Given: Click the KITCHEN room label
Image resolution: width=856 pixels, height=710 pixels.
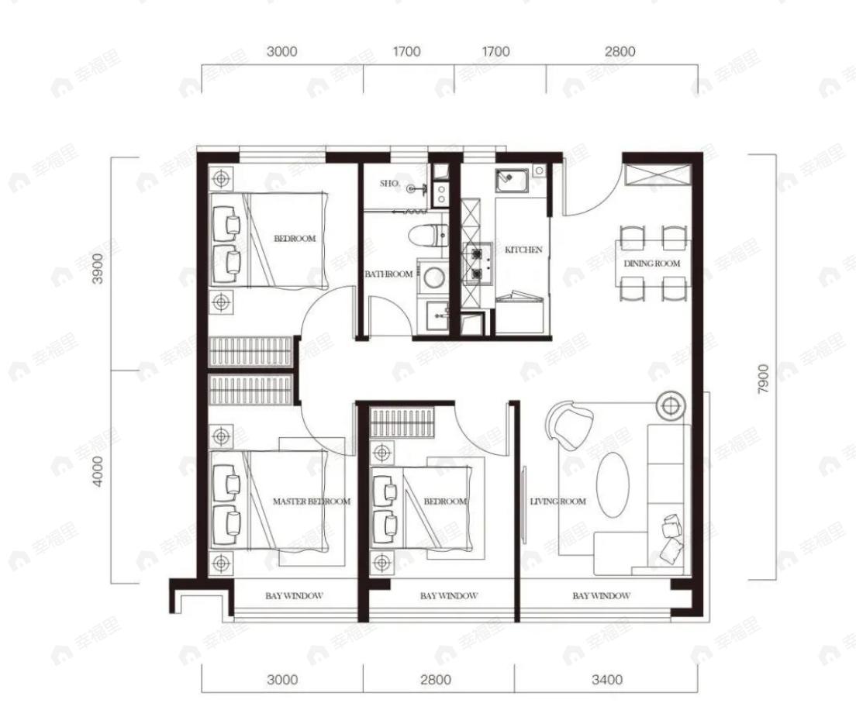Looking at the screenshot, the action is click(x=523, y=250).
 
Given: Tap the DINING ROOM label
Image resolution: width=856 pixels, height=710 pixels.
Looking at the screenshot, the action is click(x=652, y=263).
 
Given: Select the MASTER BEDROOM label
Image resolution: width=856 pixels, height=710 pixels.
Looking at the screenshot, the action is click(x=311, y=501).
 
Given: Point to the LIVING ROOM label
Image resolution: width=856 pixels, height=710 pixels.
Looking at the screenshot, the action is click(x=558, y=501).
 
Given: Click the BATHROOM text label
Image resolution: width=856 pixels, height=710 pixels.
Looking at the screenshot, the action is click(x=388, y=274).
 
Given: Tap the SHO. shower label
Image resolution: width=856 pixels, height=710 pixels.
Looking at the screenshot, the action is click(x=390, y=184).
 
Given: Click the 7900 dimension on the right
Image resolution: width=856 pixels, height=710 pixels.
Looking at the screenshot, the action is click(x=763, y=378).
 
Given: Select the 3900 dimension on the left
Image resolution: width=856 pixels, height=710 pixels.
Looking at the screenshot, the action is click(x=97, y=268).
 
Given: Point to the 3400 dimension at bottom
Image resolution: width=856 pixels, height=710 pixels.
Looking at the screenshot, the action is click(x=607, y=680).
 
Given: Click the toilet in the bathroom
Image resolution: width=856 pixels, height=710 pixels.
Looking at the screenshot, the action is click(x=428, y=235).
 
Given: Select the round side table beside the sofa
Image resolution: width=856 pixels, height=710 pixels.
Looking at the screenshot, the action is click(x=671, y=405).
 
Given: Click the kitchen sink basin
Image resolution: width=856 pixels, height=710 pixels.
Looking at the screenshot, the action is click(x=511, y=181).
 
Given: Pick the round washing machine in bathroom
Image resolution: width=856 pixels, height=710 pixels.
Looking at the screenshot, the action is click(x=434, y=277).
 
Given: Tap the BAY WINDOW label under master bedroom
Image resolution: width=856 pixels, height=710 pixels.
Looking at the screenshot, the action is click(x=295, y=596).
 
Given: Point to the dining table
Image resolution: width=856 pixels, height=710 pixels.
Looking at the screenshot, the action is click(x=652, y=263).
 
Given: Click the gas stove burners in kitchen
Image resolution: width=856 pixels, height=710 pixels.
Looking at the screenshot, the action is click(x=477, y=263).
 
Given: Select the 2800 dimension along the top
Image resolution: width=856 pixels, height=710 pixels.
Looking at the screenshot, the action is click(x=620, y=51).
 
